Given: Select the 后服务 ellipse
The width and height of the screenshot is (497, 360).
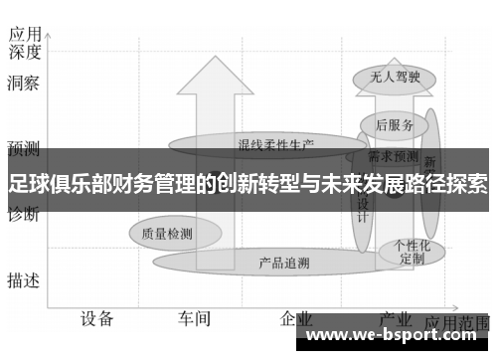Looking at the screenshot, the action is pyautogui.click(x=395, y=124).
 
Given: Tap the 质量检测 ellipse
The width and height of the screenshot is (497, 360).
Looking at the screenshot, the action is pyautogui.click(x=167, y=234).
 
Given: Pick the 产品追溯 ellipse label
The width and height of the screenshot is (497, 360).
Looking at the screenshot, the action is pyautogui.click(x=283, y=264).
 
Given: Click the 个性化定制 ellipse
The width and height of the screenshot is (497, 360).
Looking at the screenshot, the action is pyautogui.click(x=412, y=250).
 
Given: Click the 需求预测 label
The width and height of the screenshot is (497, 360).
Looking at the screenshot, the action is pyautogui.click(x=394, y=156).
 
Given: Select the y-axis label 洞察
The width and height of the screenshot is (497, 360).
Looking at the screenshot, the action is pyautogui.click(x=23, y=85).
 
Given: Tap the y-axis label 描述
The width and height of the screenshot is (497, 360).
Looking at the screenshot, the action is pyautogui.click(x=23, y=280).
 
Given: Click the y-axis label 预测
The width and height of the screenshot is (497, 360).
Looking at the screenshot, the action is pyautogui.click(x=23, y=149).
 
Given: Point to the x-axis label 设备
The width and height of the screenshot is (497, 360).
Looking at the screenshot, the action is pyautogui.click(x=97, y=318).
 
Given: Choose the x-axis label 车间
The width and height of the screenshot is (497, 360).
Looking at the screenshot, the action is pyautogui.click(x=195, y=318).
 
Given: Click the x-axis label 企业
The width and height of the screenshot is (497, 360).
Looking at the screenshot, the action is pyautogui.click(x=295, y=318).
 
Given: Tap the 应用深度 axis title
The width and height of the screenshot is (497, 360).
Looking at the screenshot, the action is pyautogui.click(x=23, y=41).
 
